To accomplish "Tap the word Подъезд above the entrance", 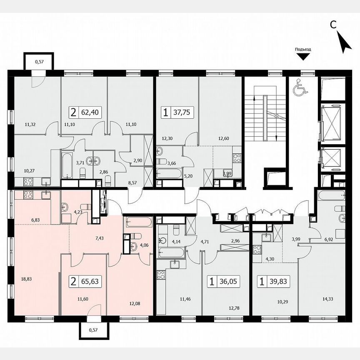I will tap(303, 49).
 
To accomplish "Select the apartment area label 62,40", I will tap(91, 112).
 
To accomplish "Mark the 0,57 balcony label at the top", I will tap(39, 62).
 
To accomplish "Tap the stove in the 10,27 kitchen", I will tap(27, 181).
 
